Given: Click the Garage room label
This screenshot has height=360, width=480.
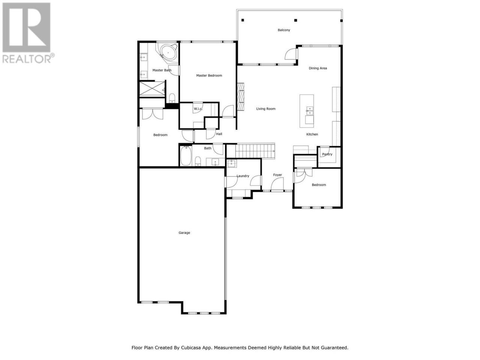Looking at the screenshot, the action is pos(184,232).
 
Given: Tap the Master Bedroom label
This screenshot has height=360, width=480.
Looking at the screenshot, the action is pos(209,75).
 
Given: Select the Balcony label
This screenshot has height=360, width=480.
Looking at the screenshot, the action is pos(283,30).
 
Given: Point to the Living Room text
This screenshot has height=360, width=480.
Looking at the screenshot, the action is pos(266,109).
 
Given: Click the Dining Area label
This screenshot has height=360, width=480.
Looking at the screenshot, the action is pos(318,68).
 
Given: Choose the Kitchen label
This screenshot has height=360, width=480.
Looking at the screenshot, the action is pos(312,134).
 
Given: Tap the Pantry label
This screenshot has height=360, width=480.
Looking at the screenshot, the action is pos(327,154).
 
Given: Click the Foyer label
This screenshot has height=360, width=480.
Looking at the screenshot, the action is pos(277,175).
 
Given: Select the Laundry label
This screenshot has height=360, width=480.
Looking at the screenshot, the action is pos(243,176).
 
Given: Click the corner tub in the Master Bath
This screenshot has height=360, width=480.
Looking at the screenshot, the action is pos(168,53).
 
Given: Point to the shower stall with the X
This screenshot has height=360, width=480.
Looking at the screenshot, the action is pos(152,89).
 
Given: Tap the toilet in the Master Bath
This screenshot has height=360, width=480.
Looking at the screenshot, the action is pos(172,98).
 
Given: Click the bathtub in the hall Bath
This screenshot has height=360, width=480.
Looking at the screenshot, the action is pos(186,156).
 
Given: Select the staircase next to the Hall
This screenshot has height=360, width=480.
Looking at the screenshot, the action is pos(255,151).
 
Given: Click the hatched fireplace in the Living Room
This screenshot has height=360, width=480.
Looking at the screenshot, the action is pos(240,97).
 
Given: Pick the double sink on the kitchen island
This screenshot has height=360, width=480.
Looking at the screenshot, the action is pos(309,111).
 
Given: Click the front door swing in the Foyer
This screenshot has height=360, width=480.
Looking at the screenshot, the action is pos(277,184).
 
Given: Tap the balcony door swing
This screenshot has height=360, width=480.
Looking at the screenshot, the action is pos(290,54).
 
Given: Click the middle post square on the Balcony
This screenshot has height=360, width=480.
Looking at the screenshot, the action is pos(295,20).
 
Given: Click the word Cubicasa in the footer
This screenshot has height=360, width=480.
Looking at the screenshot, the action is pos(190,347).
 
